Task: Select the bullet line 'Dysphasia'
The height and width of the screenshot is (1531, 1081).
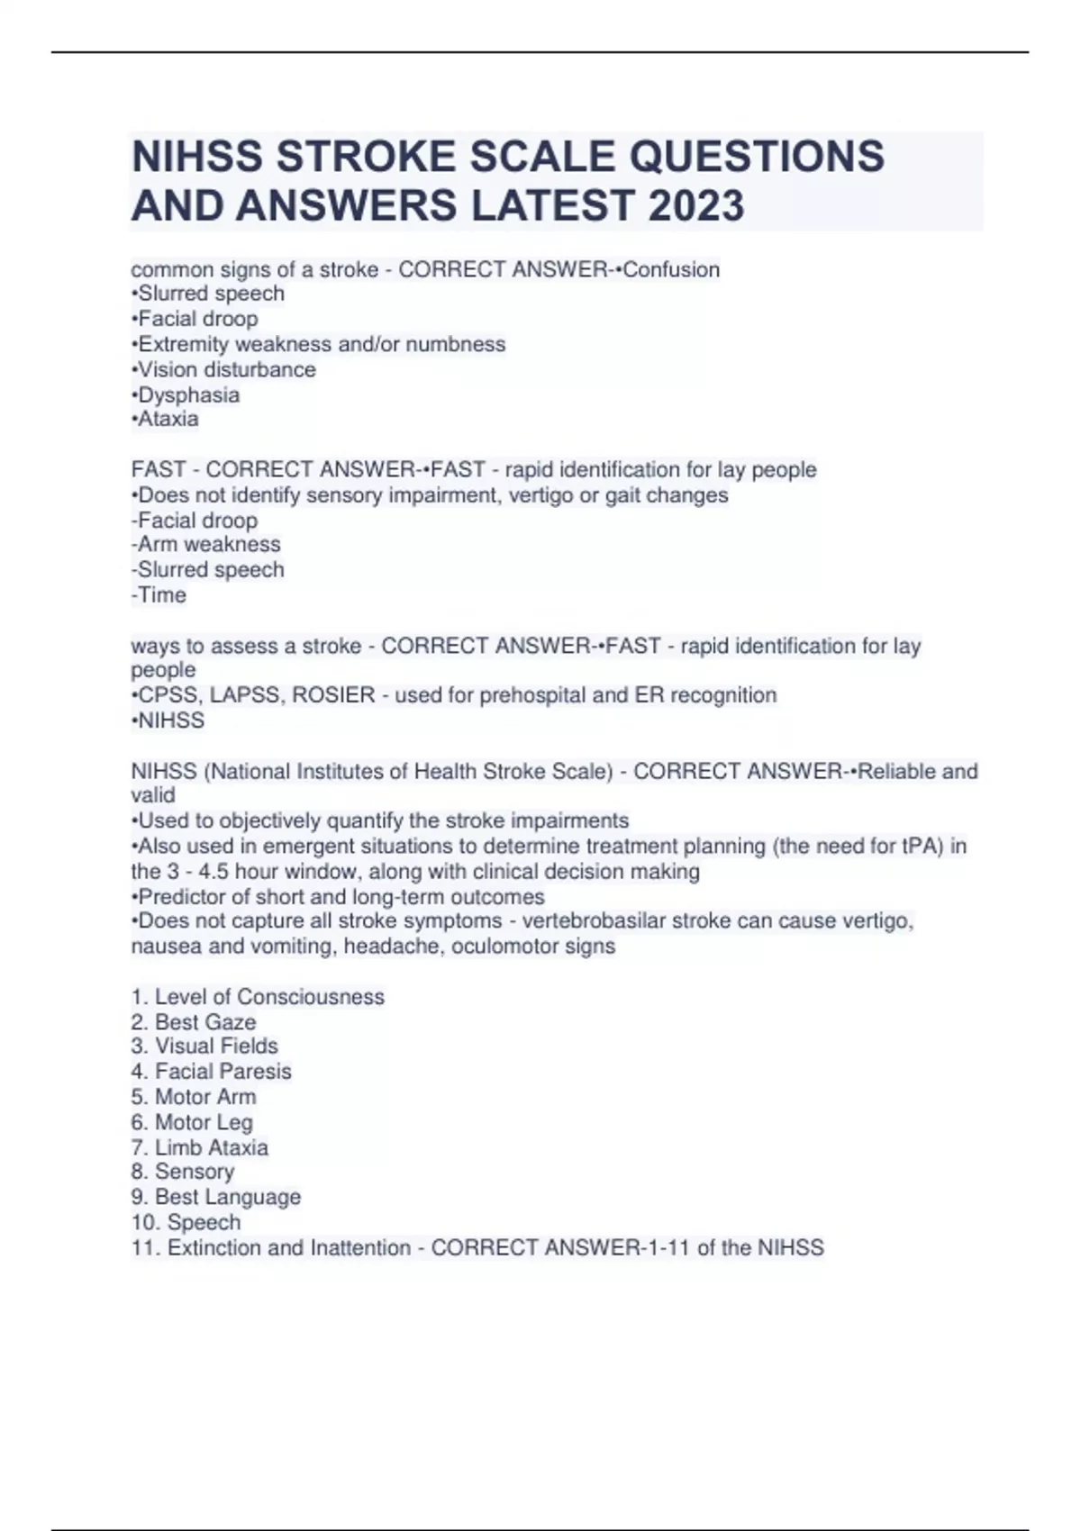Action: pyautogui.click(x=186, y=394)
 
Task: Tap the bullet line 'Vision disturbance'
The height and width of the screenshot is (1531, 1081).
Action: pyautogui.click(x=223, y=369)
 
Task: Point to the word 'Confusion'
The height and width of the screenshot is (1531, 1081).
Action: pyautogui.click(x=671, y=269)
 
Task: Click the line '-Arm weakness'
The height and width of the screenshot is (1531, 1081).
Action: pyautogui.click(x=205, y=544)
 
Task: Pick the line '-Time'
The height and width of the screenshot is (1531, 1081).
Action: pyautogui.click(x=159, y=594)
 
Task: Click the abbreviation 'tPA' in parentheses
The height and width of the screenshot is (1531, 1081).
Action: pyautogui.click(x=921, y=846)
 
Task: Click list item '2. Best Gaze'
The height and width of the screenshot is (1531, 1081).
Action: pyautogui.click(x=194, y=1021)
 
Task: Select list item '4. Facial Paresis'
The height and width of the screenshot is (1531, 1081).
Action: pyautogui.click(x=212, y=1071)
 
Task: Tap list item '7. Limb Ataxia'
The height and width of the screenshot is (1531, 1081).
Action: pyautogui.click(x=200, y=1146)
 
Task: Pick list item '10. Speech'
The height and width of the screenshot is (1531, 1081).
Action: pyautogui.click(x=186, y=1222)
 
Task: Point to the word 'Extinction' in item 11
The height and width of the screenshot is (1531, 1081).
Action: pyautogui.click(x=214, y=1247)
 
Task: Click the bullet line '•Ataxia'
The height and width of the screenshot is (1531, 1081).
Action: pyautogui.click(x=165, y=419)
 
